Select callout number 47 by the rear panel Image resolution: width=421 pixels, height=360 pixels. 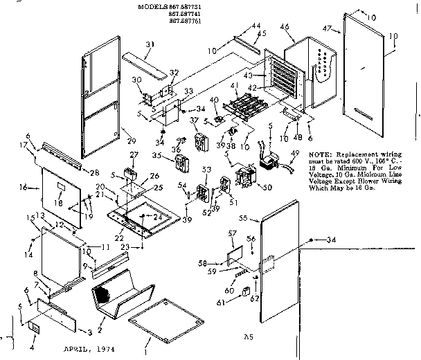330,28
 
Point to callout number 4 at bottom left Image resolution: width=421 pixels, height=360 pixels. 33,339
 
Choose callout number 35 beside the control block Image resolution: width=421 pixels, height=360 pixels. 156,155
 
